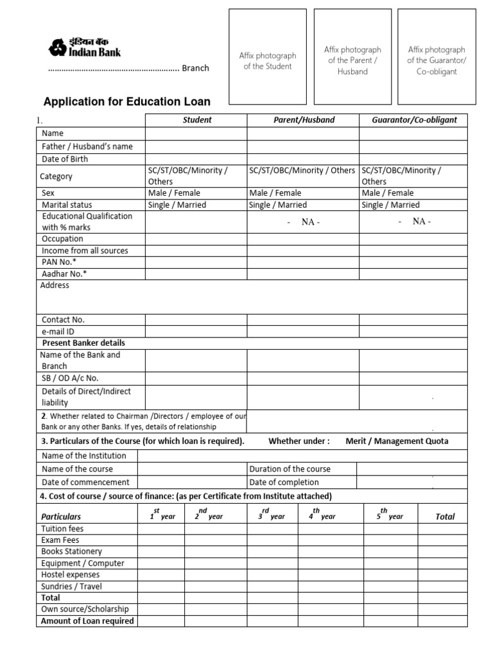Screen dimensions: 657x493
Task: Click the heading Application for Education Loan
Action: pos(126,101)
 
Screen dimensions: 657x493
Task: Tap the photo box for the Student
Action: pos(267,58)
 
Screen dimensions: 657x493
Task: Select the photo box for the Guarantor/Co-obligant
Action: pos(437,58)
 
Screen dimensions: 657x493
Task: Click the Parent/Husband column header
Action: pos(303,120)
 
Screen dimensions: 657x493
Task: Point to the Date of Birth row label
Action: pos(65,158)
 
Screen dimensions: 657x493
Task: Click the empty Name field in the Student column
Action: pos(196,133)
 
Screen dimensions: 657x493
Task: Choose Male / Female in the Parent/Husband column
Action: pos(275,192)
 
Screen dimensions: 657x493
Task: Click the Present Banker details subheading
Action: pos(83,343)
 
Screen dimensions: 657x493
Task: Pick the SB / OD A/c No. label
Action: pos(70,378)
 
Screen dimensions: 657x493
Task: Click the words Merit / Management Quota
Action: pos(397,441)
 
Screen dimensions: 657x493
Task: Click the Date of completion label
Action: pos(284,482)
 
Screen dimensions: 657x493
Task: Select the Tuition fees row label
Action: pos(62,529)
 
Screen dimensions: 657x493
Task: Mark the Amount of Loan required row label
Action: pos(87,620)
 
